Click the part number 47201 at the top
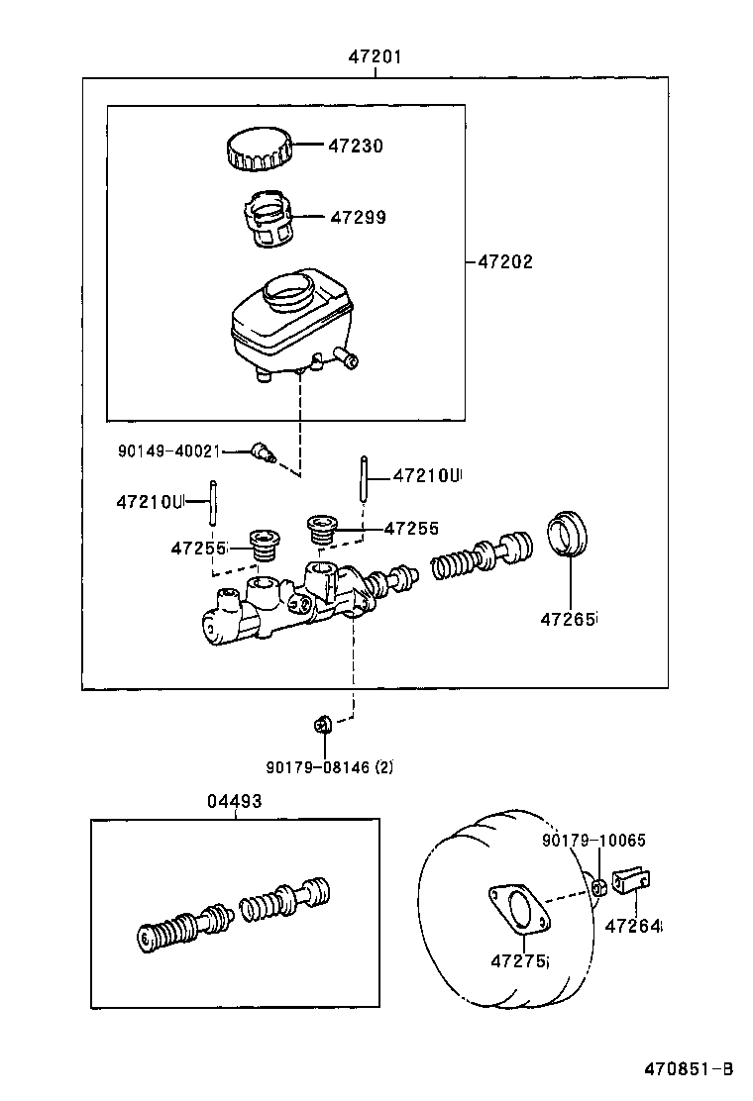coord(375,56)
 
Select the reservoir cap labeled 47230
coord(258,149)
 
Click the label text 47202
coord(505,262)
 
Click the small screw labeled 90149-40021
coord(262,452)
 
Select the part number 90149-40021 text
coord(167,451)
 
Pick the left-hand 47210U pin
coord(212,502)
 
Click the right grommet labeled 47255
coord(322,528)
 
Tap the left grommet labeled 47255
coord(264,546)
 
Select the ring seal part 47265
coord(569,534)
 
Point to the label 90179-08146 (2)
coord(329,765)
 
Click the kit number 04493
coord(235,802)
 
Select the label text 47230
coord(356,146)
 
